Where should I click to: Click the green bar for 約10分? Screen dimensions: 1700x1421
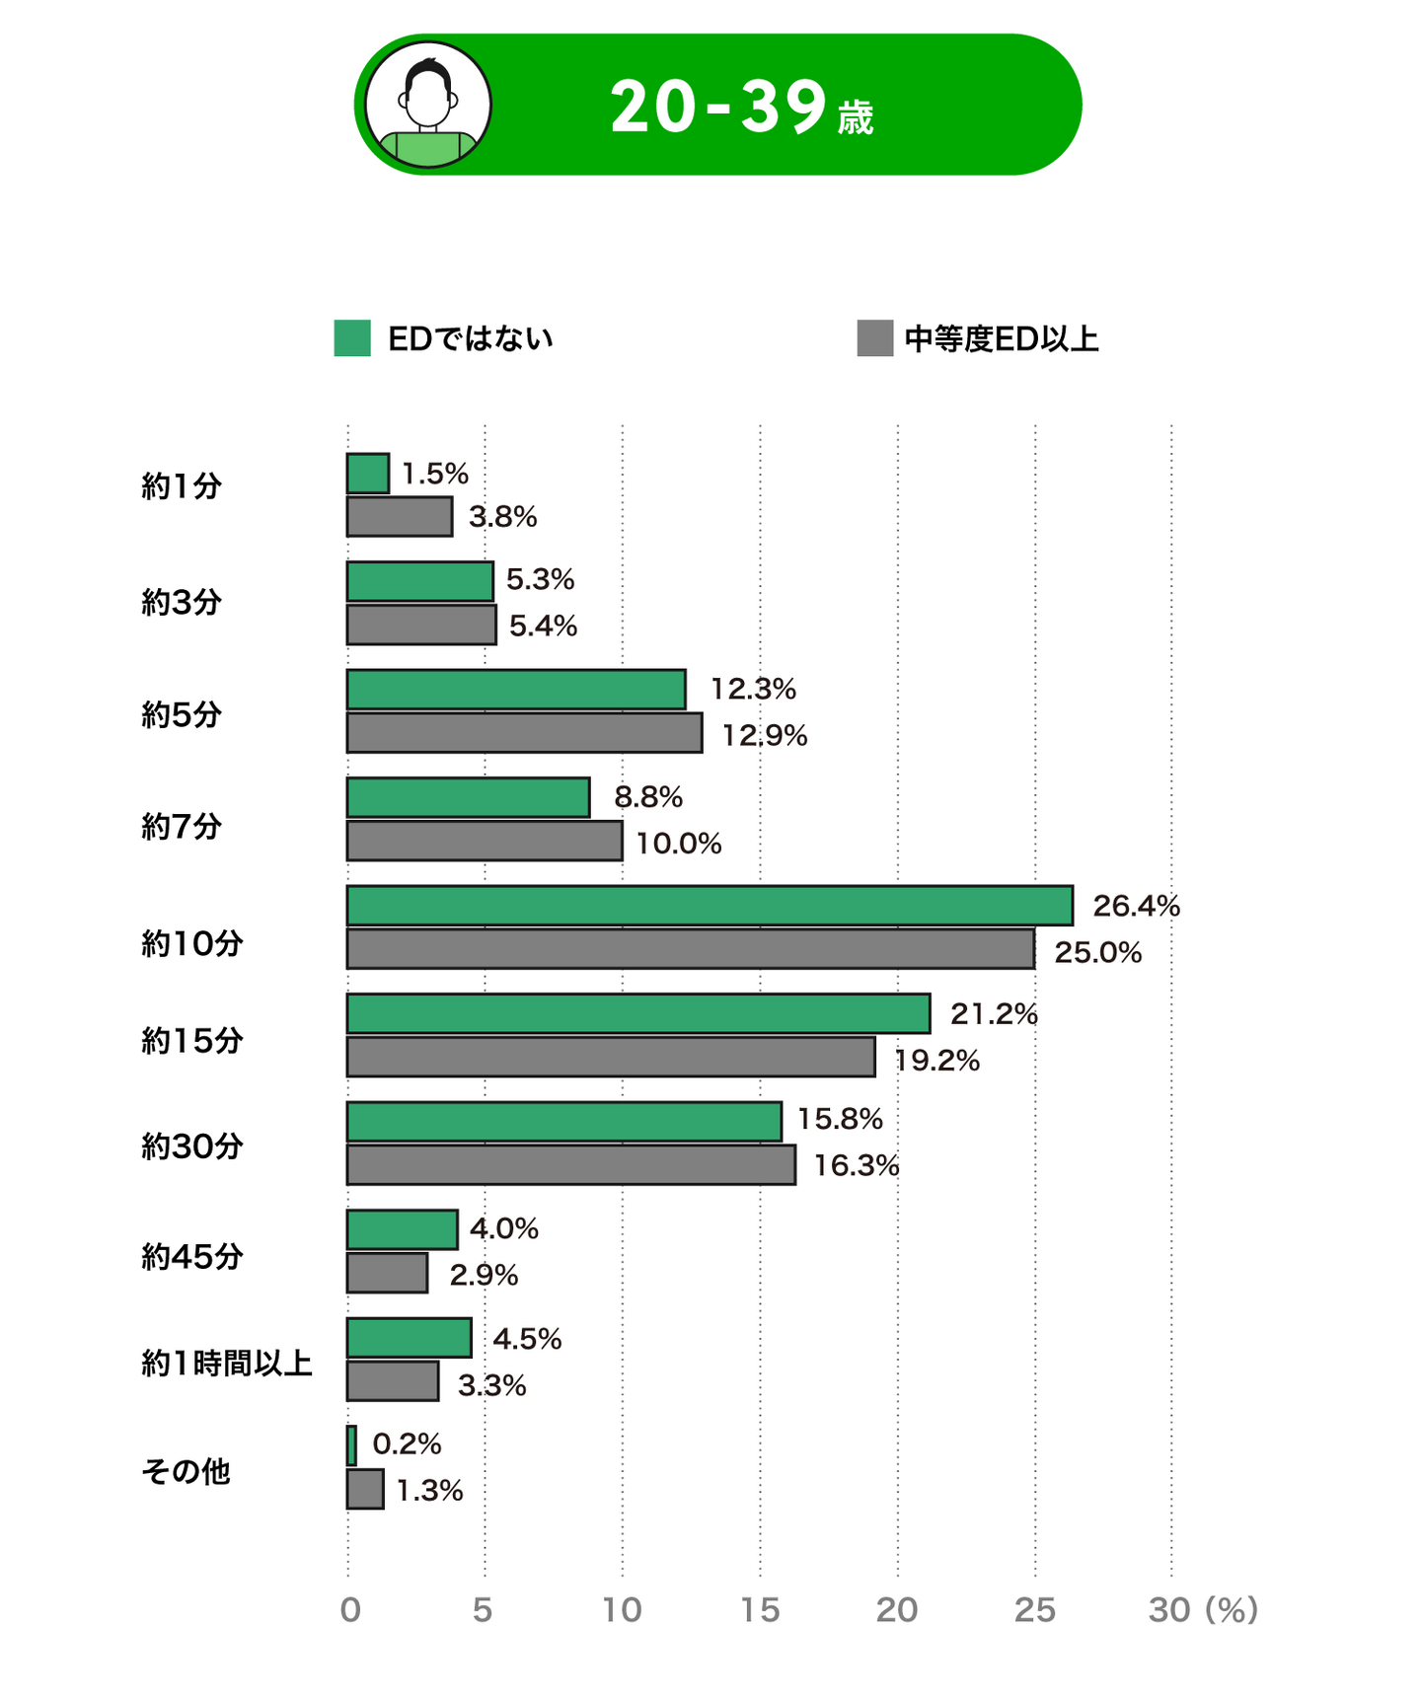click(x=710, y=905)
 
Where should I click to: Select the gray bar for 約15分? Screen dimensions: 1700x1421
click(x=611, y=1057)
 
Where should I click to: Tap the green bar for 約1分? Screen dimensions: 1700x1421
click(x=368, y=474)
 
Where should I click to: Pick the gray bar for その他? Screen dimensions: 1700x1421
click(x=365, y=1489)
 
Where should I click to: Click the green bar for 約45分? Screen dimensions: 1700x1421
click(x=403, y=1229)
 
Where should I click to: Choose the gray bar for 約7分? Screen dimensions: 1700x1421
click(x=485, y=842)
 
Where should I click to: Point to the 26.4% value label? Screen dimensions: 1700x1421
click(x=1136, y=906)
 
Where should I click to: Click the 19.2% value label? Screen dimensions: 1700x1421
click(x=936, y=1061)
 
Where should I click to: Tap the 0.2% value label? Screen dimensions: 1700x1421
click(x=407, y=1444)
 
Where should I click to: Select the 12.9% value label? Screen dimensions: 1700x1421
click(x=764, y=736)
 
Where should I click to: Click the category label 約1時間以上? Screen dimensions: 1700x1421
click(x=227, y=1364)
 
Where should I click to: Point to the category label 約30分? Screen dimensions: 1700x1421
click(x=192, y=1146)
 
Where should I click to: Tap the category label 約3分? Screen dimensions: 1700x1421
click(x=182, y=602)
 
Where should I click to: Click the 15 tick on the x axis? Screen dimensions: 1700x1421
click(x=760, y=1610)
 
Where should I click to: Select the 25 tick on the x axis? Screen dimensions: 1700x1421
click(x=1035, y=1610)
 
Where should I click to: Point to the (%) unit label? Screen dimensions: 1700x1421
click(x=1231, y=1610)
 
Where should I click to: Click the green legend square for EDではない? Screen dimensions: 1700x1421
click(x=352, y=338)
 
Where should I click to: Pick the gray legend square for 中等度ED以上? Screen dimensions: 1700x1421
click(x=875, y=338)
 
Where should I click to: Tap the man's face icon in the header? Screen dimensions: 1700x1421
click(x=428, y=105)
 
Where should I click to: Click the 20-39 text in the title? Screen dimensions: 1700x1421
click(x=717, y=107)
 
